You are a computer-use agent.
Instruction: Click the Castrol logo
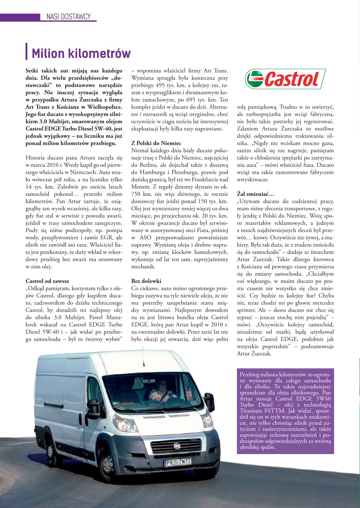point(285,79)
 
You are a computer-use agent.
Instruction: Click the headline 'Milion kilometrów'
point(81,54)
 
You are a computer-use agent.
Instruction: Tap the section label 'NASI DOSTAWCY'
point(68,17)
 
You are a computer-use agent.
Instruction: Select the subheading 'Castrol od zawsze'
point(47,281)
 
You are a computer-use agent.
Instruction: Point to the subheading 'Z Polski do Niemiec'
point(156,143)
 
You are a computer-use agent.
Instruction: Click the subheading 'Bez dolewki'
point(146,281)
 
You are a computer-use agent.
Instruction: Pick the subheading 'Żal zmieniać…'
point(255,194)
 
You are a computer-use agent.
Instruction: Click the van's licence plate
point(178,461)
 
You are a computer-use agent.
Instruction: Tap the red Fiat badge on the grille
point(177,446)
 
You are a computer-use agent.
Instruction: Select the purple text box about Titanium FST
point(285,411)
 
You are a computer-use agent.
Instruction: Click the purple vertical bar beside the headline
point(27,52)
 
